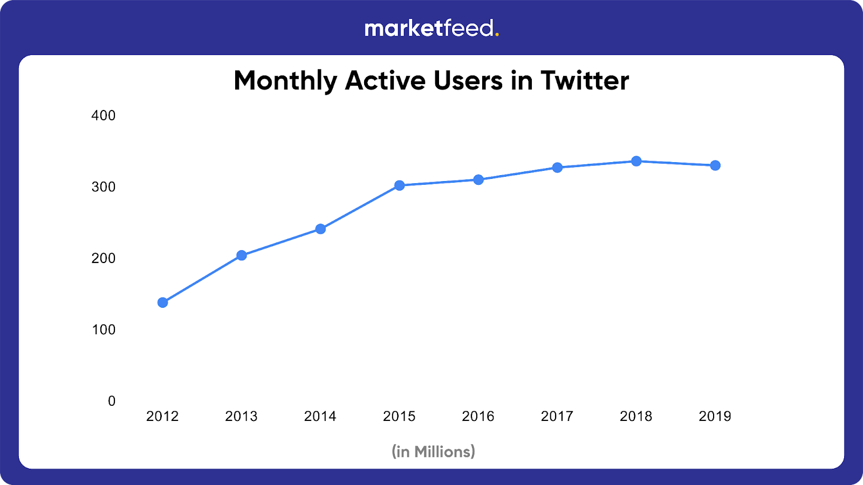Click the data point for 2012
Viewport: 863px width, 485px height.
[x=162, y=302]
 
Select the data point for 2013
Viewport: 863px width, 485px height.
[x=242, y=255]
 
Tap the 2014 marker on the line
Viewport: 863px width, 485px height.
[x=320, y=229]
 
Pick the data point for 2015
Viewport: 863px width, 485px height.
[x=399, y=185]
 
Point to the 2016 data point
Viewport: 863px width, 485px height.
[x=478, y=179]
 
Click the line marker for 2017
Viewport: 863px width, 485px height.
[x=557, y=168]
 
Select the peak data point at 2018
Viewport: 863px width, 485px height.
[x=636, y=161]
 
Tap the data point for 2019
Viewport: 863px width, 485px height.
[x=715, y=165]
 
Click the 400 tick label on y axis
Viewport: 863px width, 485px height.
[x=104, y=115]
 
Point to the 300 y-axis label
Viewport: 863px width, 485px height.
[x=104, y=187]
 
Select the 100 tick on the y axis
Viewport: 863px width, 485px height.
[x=104, y=330]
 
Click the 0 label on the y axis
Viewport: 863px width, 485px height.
[x=112, y=401]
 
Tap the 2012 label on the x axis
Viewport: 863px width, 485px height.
[x=162, y=416]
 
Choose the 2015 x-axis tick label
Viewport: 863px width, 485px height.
[x=399, y=416]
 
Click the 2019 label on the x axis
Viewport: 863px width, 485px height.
[x=715, y=416]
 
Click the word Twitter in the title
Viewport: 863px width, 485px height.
[x=585, y=81]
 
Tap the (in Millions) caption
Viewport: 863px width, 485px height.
[x=433, y=452]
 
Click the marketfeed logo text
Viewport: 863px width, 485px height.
[x=429, y=28]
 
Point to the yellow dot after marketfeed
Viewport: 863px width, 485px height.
[x=497, y=35]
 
